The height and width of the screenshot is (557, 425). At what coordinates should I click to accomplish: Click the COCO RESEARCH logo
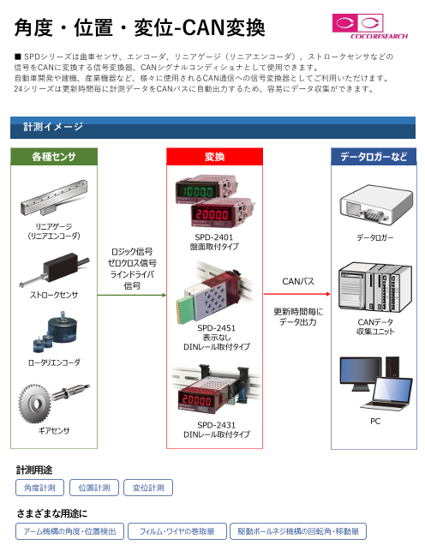tap(369, 27)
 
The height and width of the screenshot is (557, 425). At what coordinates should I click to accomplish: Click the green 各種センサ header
tap(54, 157)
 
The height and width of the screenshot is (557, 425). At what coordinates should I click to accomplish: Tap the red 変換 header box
tap(214, 157)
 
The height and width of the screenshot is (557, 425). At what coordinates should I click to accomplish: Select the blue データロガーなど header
tap(374, 157)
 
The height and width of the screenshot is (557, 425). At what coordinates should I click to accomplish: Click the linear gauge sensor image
tap(54, 197)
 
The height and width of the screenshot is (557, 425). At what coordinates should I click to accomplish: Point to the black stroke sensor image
tap(54, 269)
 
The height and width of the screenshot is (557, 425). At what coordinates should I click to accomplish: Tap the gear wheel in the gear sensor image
tap(35, 404)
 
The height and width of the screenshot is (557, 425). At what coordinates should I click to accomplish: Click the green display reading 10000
tap(199, 192)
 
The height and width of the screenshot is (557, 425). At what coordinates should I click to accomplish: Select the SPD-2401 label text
tap(213, 237)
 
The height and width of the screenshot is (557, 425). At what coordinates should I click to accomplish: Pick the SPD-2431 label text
tap(216, 425)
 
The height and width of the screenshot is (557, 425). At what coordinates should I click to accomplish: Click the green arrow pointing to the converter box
tap(132, 295)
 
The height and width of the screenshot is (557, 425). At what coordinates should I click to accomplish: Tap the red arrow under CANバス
tap(296, 294)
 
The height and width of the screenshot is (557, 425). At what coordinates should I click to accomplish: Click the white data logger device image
tap(375, 204)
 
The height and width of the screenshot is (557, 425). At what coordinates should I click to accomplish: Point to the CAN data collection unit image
tap(375, 287)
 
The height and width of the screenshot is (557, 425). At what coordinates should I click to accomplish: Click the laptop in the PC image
tap(387, 394)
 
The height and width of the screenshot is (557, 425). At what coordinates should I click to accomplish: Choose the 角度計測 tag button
tap(39, 488)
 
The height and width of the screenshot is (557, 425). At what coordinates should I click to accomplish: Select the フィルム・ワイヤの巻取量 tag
tap(177, 531)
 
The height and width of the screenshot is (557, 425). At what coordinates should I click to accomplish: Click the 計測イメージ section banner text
tap(53, 127)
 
